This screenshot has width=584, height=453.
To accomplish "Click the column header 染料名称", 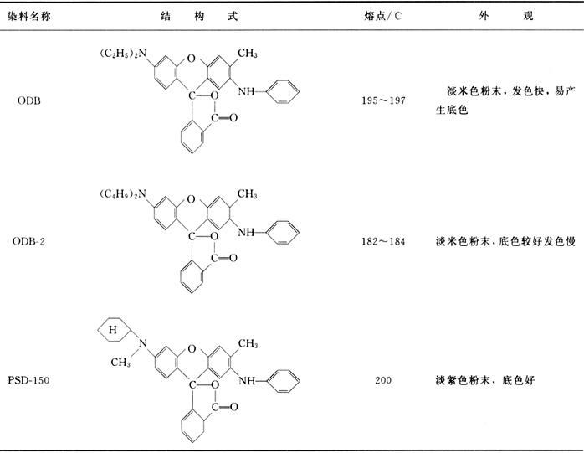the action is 29,17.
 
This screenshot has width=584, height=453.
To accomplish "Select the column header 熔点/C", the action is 383,16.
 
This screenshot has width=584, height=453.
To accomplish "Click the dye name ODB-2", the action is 28,241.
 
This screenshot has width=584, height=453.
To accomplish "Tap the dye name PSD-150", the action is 28,380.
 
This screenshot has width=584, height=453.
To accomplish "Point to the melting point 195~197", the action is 383,100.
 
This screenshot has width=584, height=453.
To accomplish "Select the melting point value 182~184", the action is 383,241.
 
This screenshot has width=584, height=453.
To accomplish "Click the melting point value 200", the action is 383,380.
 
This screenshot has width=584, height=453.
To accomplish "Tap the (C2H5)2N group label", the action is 123,54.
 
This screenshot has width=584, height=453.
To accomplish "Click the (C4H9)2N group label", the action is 123,194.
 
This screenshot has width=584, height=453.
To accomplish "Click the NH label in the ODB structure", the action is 246,91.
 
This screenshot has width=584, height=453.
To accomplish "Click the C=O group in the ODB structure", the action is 224,118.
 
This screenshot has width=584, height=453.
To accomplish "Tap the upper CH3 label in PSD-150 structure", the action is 248,343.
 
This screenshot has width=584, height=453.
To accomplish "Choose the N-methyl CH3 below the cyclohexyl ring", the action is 120,362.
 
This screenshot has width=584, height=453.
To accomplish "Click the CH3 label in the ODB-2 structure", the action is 248,194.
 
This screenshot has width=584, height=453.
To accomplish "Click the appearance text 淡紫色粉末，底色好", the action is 485,380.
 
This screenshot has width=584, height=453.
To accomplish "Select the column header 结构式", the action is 199,16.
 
